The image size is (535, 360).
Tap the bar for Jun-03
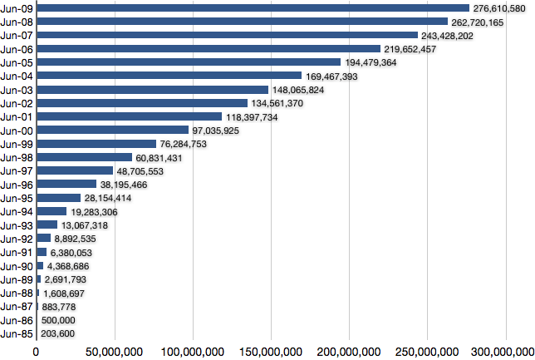click(152, 89)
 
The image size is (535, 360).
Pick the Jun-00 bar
click(112, 130)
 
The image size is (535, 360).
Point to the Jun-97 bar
click(75, 170)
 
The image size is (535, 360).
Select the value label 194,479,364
click(376, 62)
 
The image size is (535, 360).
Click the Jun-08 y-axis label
click(17, 22)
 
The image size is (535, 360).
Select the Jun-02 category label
click(17, 103)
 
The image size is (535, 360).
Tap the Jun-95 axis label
click(17, 198)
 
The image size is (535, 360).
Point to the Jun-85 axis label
click(17, 333)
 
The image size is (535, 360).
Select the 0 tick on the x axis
click(36, 351)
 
